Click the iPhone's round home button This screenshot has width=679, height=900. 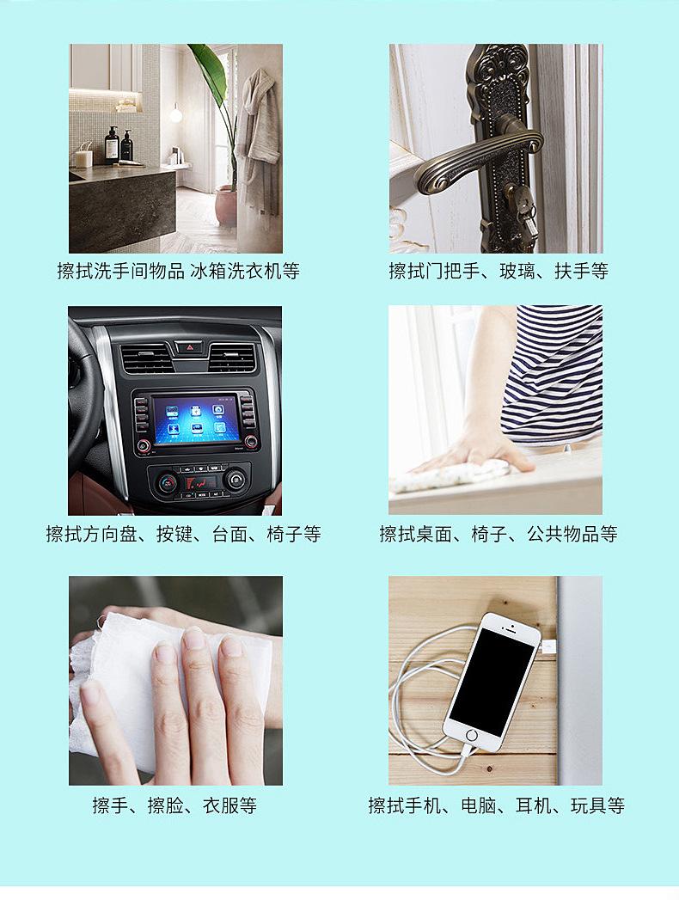point(471,736)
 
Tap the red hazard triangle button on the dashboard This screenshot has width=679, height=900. point(190,346)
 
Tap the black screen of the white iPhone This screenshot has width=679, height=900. point(492,680)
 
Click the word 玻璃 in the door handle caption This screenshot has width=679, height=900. point(517,272)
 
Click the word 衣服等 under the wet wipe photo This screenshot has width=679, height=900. point(229,806)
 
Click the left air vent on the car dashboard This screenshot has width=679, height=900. point(146,357)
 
